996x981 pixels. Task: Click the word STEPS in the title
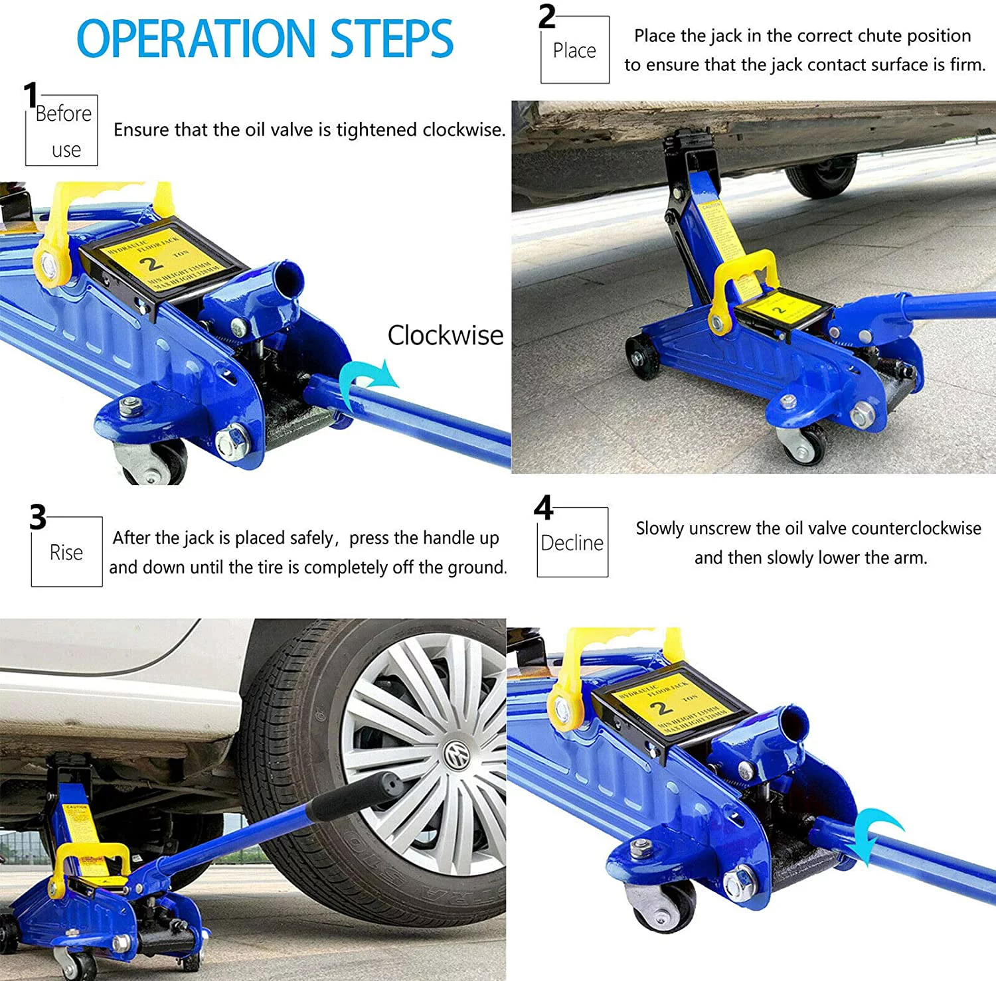click(x=392, y=38)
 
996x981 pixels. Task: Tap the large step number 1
click(x=31, y=95)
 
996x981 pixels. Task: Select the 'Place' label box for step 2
click(x=574, y=51)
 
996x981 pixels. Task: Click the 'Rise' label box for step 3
click(x=66, y=552)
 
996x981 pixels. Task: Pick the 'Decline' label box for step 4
click(x=572, y=543)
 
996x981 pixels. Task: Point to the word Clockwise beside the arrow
click(x=445, y=335)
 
